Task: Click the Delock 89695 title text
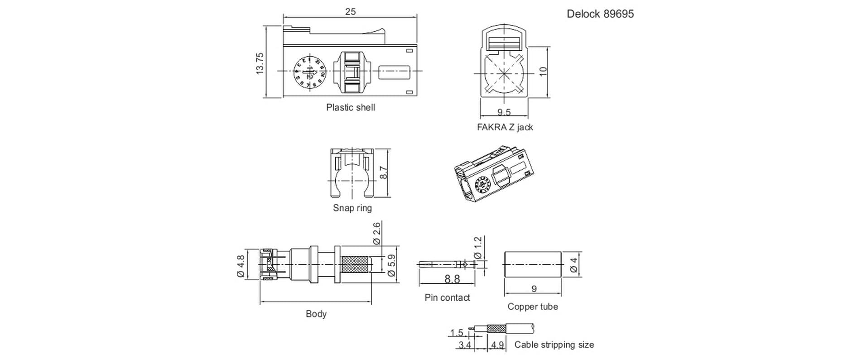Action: [x=600, y=14]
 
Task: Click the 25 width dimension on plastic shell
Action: [x=350, y=12]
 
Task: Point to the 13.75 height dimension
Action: [x=260, y=63]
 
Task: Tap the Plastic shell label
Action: [x=350, y=107]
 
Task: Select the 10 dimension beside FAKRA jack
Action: [x=544, y=72]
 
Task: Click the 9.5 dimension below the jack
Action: [x=504, y=112]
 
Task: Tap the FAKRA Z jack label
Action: [x=505, y=127]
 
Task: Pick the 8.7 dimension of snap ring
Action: [x=383, y=173]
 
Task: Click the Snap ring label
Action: [x=352, y=208]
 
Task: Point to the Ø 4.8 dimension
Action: [x=241, y=266]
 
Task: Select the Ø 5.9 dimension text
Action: [x=392, y=265]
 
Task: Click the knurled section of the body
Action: [x=355, y=264]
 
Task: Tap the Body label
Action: [x=316, y=314]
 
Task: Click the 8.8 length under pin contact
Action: [x=452, y=279]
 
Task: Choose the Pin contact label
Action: [x=447, y=298]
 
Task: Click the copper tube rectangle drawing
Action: [x=533, y=264]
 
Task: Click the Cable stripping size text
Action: [x=554, y=345]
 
